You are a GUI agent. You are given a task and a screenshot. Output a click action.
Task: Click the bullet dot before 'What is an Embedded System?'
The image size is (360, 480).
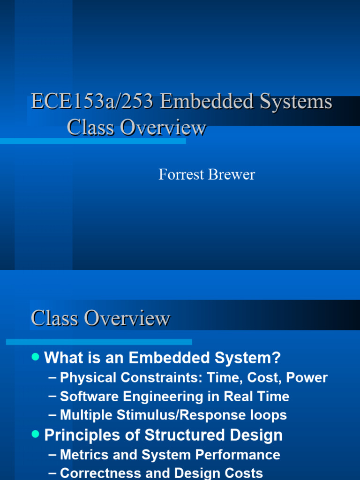point(35,357)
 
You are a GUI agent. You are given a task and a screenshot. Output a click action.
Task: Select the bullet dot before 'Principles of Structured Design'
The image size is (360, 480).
point(35,434)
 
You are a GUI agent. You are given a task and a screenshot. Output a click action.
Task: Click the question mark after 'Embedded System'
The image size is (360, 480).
point(276,358)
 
